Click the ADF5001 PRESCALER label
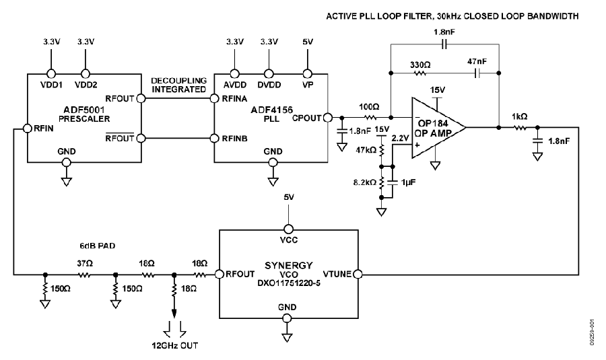pos(84,114)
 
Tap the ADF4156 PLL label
pos(272,114)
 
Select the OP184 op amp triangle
pos(438,127)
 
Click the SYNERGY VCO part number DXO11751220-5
pos(289,283)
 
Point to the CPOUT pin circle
pos(327,118)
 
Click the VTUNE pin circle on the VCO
pos(358,275)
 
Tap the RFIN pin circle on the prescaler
pos(27,129)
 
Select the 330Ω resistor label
pos(420,65)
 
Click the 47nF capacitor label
pos(477,61)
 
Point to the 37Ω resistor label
pos(85,263)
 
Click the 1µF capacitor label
pos(409,182)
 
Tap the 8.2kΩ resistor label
pos(365,182)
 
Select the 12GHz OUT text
pos(175,345)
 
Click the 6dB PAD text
pos(98,246)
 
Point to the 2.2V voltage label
pos(400,139)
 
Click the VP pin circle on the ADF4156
pos(307,73)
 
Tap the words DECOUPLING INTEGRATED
pos(178,85)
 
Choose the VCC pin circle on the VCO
pos(288,229)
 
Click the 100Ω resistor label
pos(369,106)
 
